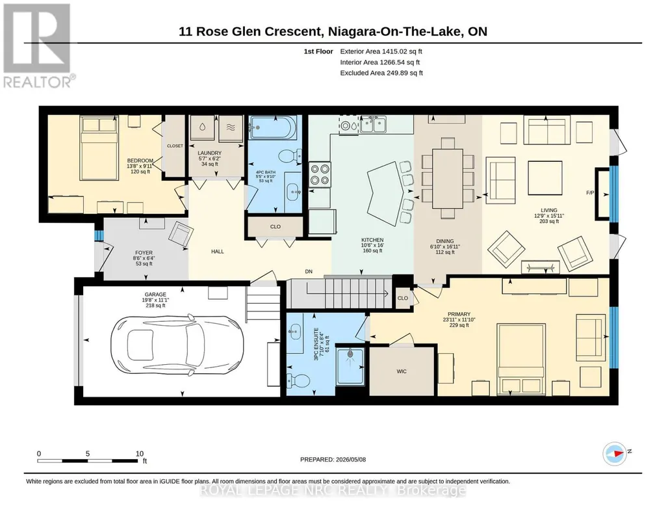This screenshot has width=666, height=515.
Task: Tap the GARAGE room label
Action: pyautogui.click(x=155, y=294)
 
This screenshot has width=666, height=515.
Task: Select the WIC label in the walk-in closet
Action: pyautogui.click(x=402, y=371)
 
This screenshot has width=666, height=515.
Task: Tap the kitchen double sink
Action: pyautogui.click(x=372, y=125)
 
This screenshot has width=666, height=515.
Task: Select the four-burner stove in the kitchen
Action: pyautogui.click(x=320, y=175)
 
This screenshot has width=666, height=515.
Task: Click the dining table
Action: pyautogui.click(x=447, y=178)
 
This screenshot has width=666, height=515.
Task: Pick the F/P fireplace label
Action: pyautogui.click(x=590, y=192)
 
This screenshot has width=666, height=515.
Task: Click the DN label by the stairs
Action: pyautogui.click(x=309, y=271)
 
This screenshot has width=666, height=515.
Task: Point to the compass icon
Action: pyautogui.click(x=615, y=453)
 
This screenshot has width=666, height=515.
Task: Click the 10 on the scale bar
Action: pyautogui.click(x=139, y=453)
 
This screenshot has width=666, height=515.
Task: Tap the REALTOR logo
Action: pyautogui.click(x=37, y=45)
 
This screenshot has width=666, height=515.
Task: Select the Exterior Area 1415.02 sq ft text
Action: pyautogui.click(x=381, y=51)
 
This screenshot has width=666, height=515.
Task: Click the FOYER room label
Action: pyautogui.click(x=144, y=252)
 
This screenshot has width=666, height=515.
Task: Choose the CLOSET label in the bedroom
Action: pyautogui.click(x=175, y=146)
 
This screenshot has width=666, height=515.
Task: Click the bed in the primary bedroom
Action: pyautogui.click(x=521, y=360)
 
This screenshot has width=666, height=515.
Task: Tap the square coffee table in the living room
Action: pyautogui.click(x=545, y=178)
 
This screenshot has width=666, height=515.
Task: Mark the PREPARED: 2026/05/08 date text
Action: pyautogui.click(x=333, y=459)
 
